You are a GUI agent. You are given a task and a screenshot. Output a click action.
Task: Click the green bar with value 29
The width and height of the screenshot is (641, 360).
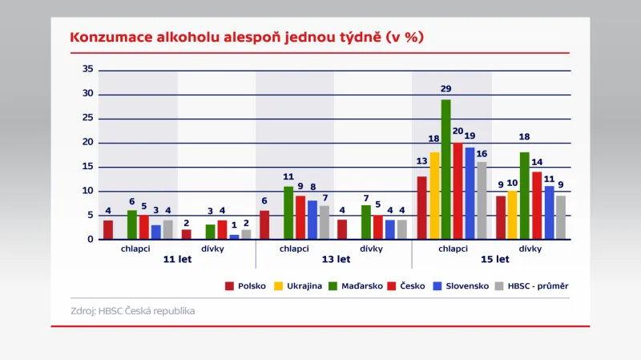coord(445,169)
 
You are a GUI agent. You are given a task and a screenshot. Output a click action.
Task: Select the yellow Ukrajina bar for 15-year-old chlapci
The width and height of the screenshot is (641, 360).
coord(434,196)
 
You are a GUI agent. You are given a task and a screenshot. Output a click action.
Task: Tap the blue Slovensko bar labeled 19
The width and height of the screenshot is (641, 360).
coord(470,193)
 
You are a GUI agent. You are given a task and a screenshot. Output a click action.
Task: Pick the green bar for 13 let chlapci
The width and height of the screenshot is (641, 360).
coord(289,212)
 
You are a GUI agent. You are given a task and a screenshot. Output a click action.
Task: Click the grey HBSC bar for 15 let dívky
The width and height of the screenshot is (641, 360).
coord(561,217)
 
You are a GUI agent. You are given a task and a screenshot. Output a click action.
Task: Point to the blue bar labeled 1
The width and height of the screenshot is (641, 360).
coord(234,237)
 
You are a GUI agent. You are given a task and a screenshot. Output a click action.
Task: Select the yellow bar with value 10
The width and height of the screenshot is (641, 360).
coord(513,215)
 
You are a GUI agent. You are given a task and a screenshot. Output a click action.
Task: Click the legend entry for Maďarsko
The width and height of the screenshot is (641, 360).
coord(354,285)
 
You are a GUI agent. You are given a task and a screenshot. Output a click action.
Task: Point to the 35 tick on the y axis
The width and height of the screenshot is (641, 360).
coord(88,70)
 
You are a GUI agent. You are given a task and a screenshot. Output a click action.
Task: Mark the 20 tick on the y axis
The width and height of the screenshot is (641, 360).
coord(88,143)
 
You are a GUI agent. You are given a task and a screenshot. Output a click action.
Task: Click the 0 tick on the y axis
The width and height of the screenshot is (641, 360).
coord(91,240)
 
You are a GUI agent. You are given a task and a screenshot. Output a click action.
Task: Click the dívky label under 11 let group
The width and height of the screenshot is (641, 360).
coord(212,249)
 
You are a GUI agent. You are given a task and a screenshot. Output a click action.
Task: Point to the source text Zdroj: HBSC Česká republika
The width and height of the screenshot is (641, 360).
coord(132,310)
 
